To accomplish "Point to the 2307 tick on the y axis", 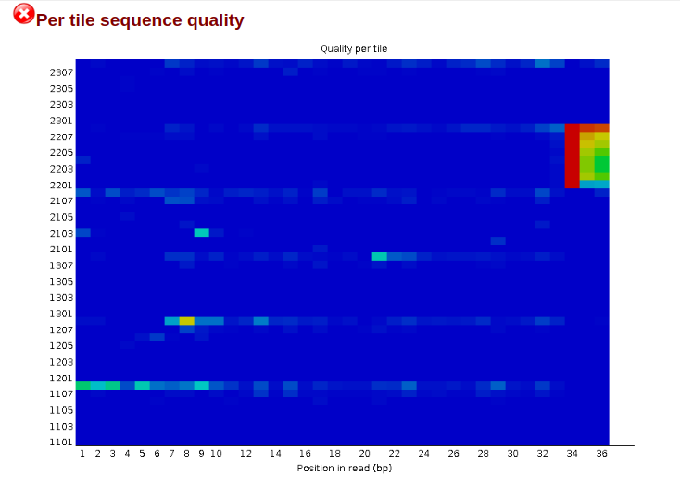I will tap(61, 72).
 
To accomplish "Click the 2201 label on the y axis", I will tap(61, 185).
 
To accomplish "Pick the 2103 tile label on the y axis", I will tap(61, 233).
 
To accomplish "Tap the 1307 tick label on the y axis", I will tap(61, 265).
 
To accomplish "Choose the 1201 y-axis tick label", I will tap(61, 378).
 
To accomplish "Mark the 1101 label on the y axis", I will tap(61, 443).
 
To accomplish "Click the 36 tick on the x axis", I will tap(601, 454).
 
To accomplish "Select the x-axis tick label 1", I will tap(82, 454).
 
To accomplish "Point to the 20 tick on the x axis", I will tap(364, 454).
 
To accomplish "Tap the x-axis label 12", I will tap(246, 454).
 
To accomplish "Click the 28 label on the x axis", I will tap(483, 454).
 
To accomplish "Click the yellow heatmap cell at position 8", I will tap(186, 321).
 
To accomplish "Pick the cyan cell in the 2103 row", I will tap(201, 233).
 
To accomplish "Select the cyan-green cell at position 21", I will tap(379, 257).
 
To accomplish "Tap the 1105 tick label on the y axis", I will tap(61, 410).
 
